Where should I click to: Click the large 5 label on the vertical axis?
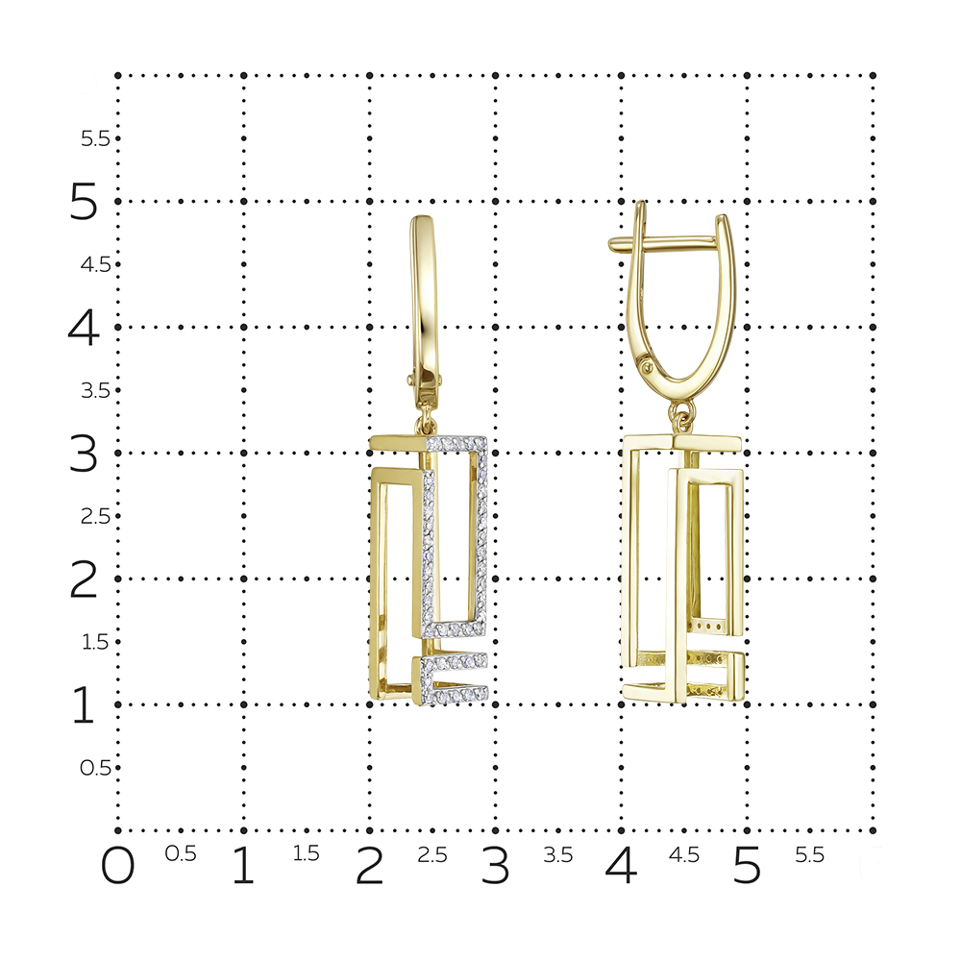pos(84,201)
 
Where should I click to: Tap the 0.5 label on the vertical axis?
pos(95,767)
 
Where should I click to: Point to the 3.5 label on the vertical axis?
pos(95,390)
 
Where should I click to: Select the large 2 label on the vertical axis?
pos(84,579)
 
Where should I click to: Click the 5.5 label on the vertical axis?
pos(95,138)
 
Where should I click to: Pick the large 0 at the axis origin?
pos(117,866)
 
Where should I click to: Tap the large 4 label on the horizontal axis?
pos(621,866)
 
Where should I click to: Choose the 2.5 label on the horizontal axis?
pos(432,854)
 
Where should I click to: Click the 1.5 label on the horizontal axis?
pos(306,853)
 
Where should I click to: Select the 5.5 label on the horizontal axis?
pos(809,854)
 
